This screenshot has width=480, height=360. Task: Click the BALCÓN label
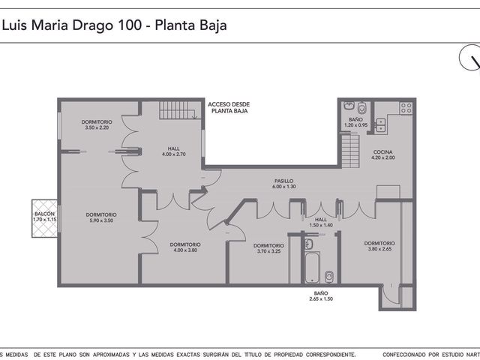click(45, 214)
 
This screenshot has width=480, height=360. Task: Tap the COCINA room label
click(382, 151)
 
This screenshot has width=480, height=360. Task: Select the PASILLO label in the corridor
click(284, 181)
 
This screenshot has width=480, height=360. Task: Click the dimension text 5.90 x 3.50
click(101, 220)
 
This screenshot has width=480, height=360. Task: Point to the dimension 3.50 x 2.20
click(97, 127)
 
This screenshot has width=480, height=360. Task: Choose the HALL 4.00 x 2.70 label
click(174, 151)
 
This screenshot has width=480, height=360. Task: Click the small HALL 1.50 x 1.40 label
click(321, 222)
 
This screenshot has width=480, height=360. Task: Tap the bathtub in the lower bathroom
click(313, 268)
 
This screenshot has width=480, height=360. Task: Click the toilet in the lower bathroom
click(329, 277)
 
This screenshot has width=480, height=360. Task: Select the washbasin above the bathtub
click(309, 244)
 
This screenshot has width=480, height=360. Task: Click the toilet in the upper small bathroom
click(362, 107)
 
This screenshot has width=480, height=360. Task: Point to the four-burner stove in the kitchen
click(406, 108)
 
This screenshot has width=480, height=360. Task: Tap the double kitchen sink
click(380, 125)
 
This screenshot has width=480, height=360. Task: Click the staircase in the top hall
click(178, 110)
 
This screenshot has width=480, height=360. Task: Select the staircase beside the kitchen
click(350, 151)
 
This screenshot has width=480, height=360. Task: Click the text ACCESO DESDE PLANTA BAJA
click(229, 108)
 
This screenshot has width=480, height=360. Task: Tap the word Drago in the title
click(92, 25)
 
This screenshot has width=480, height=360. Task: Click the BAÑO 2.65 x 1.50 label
click(321, 296)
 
